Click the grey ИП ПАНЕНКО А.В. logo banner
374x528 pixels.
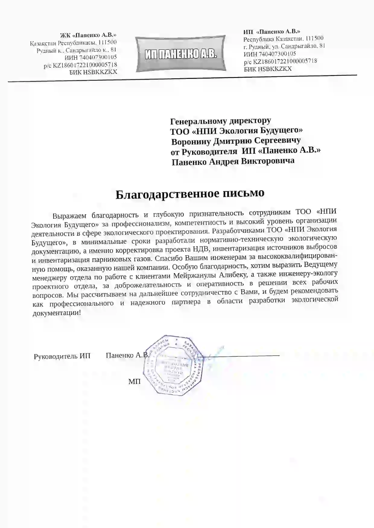[x=180, y=54]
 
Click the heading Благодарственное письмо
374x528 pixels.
[x=190, y=194]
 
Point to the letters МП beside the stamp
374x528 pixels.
[x=135, y=382]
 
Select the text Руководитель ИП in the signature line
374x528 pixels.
[x=62, y=356]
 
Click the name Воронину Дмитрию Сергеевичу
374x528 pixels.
[x=236, y=141]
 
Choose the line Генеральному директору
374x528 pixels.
[x=220, y=121]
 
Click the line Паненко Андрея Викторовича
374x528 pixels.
[x=233, y=161]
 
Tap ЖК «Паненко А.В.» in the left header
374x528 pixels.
[x=88, y=35]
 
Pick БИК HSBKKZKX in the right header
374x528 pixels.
[x=268, y=69]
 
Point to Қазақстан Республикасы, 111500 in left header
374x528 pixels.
[x=73, y=43]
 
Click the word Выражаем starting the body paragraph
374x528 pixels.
[x=69, y=216]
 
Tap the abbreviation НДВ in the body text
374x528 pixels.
[x=200, y=249]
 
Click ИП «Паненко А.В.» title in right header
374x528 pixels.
[x=272, y=31]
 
